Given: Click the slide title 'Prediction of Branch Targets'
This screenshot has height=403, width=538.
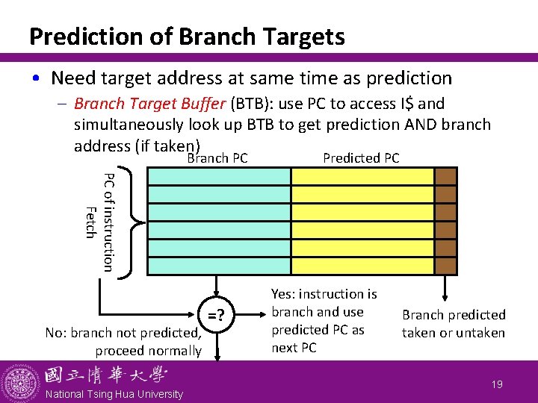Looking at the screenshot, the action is [186, 36].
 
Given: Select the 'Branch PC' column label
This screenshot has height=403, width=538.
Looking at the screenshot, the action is [217, 158].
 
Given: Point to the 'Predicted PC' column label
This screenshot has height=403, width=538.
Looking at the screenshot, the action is [361, 158].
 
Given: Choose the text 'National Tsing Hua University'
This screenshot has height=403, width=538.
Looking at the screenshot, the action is [113, 394].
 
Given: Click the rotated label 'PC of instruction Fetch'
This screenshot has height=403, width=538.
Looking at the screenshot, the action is [99, 222].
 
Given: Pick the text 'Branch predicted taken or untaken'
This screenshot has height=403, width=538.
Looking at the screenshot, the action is [454, 324].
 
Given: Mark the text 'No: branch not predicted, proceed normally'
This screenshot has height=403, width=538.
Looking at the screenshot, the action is [123, 342].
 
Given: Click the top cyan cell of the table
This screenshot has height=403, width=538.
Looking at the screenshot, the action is [220, 176].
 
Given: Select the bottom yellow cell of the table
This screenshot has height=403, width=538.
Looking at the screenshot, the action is [362, 266].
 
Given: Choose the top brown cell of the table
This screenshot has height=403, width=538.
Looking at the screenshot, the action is [445, 176].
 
